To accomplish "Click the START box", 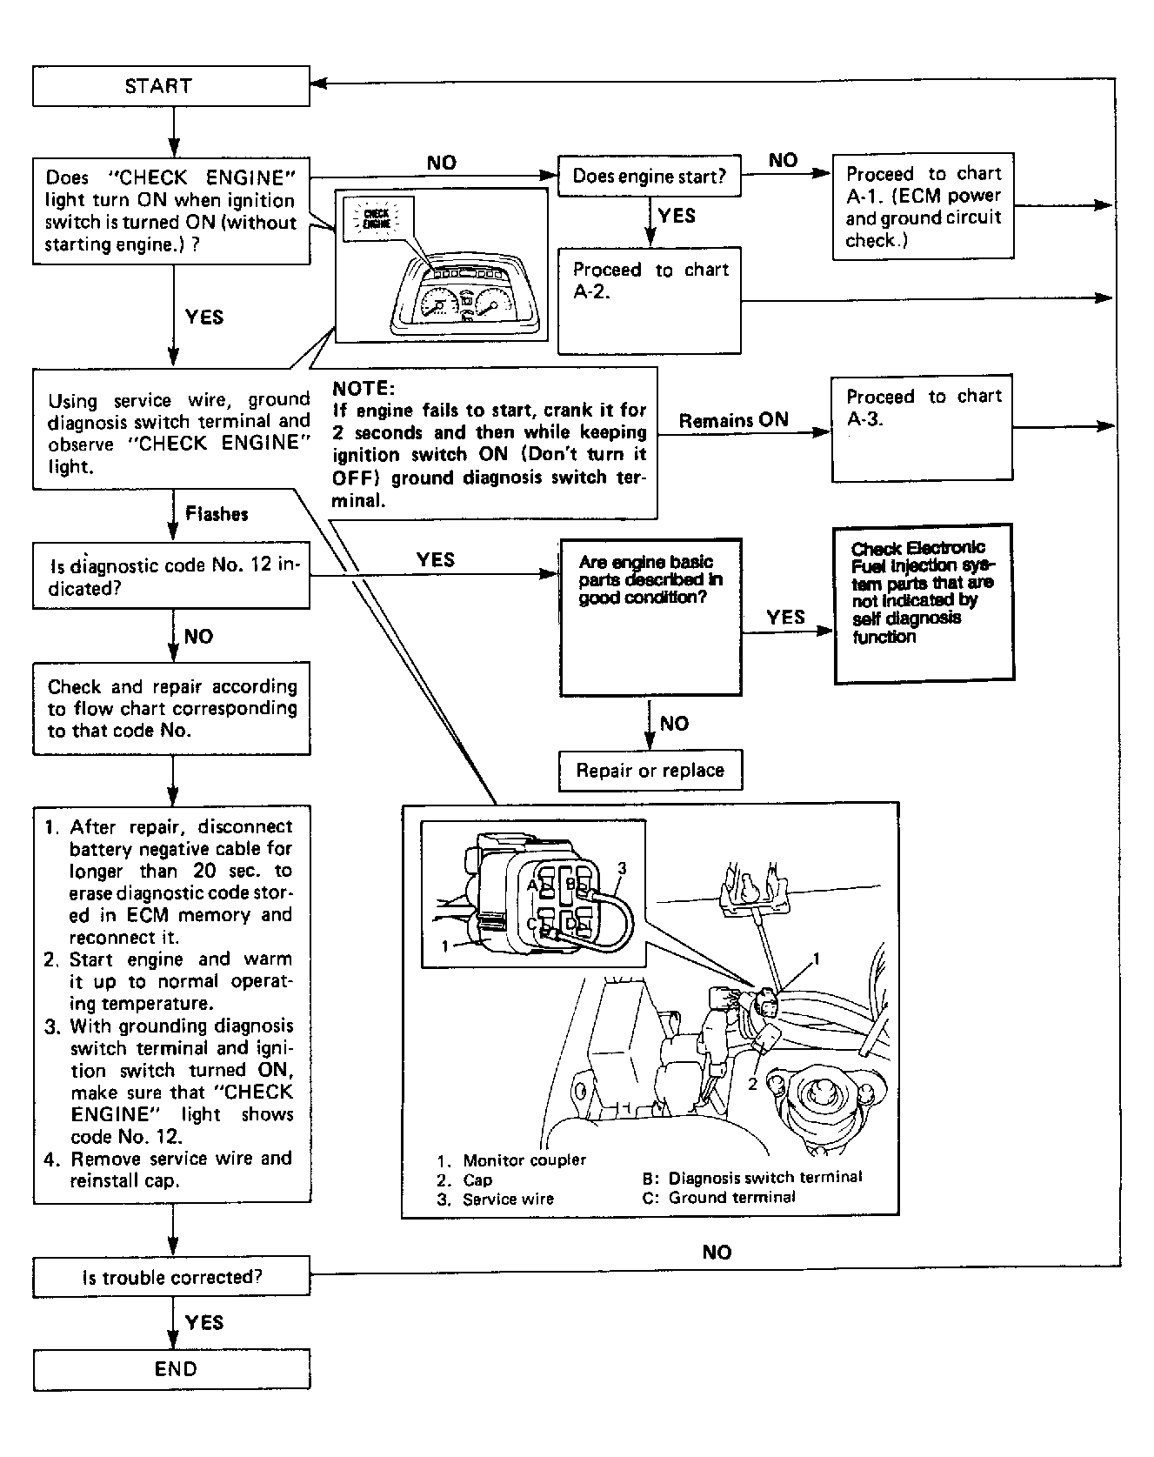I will [171, 86].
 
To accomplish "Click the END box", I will [171, 1369].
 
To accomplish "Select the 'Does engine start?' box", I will [648, 177].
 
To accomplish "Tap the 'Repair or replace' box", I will [650, 771].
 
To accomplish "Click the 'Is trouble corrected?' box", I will [171, 1277].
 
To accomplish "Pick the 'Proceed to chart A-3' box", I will [922, 427].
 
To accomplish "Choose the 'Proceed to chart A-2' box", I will [649, 300].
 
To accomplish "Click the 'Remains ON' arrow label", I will [734, 420].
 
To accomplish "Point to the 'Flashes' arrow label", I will [217, 514].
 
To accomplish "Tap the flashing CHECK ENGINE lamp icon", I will [377, 217].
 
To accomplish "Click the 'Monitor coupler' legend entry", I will [524, 1160].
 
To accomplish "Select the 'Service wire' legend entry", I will [508, 1199].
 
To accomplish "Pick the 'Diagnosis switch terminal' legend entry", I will [764, 1178].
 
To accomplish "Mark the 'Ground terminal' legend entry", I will [730, 1197].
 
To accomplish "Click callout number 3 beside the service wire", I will [622, 868].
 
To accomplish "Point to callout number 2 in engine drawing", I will [753, 1084].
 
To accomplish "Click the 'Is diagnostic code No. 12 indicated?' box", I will [171, 576].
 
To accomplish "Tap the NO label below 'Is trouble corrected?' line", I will [717, 1252].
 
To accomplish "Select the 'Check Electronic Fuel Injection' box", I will [924, 601].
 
